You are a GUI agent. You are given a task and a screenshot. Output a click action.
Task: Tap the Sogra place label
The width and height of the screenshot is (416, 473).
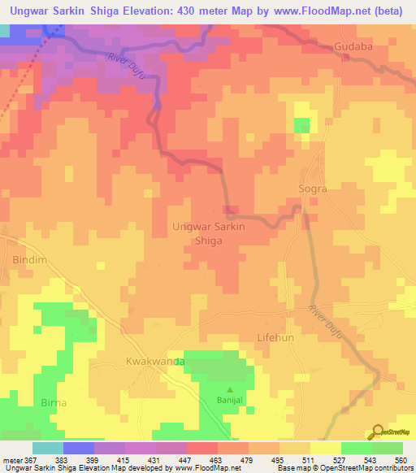pyautogui.click(x=313, y=189)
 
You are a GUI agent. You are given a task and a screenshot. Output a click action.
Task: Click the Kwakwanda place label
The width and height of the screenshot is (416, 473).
pyautogui.click(x=156, y=360)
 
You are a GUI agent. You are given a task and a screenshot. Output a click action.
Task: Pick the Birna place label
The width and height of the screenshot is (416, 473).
pyautogui.click(x=54, y=402)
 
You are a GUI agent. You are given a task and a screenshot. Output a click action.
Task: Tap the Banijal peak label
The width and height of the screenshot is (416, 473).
pyautogui.click(x=229, y=400)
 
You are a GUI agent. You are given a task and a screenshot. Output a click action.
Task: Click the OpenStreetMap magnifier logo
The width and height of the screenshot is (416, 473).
pyautogui.click(x=377, y=432)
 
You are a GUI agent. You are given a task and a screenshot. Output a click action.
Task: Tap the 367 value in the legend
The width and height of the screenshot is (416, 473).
pyautogui.click(x=32, y=460)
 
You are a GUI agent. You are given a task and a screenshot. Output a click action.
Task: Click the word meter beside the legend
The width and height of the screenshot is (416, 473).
pyautogui.click(x=11, y=460)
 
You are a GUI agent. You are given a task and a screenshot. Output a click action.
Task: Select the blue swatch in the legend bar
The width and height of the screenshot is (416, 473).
pyautogui.click(x=78, y=448)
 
